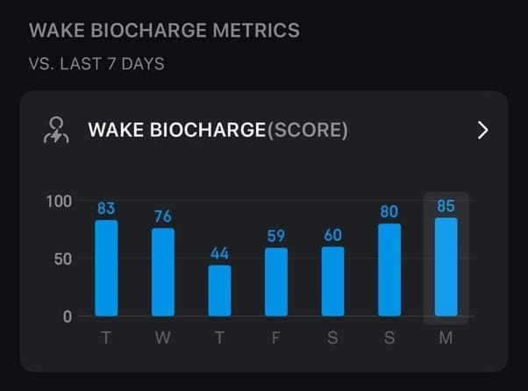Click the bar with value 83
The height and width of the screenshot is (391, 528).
click(x=106, y=267)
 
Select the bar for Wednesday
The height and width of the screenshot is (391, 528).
click(x=163, y=272)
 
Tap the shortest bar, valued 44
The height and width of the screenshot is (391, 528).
click(x=219, y=290)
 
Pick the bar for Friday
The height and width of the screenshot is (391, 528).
click(x=276, y=281)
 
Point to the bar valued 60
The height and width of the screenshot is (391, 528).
click(x=332, y=281)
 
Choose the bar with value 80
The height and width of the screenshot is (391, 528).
click(x=389, y=269)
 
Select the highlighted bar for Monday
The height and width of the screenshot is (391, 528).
click(x=446, y=267)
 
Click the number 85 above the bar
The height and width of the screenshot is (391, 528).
click(x=446, y=207)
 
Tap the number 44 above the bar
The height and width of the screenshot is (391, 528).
click(x=219, y=253)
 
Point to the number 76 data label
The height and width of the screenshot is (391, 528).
click(x=163, y=217)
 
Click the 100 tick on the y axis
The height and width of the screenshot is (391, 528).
click(x=59, y=201)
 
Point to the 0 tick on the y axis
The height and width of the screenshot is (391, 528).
click(x=68, y=316)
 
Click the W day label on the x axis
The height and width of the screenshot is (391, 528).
click(x=163, y=338)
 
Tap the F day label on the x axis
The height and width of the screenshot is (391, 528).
click(x=276, y=338)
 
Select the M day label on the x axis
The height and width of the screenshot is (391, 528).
click(x=446, y=338)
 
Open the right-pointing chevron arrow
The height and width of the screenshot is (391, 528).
click(x=482, y=131)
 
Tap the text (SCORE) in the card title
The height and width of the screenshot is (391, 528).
click(x=307, y=131)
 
